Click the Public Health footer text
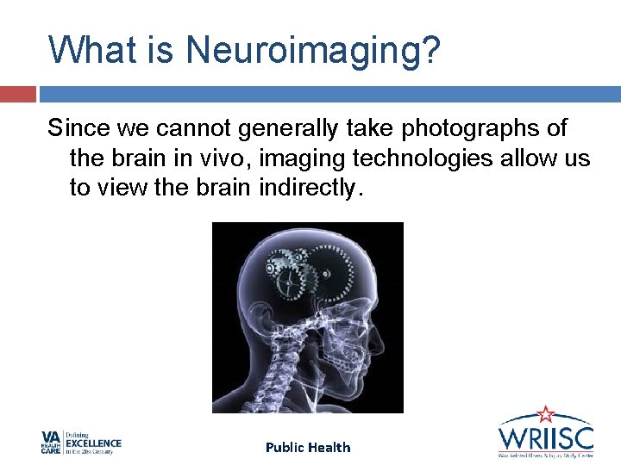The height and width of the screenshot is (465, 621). pos(308,447)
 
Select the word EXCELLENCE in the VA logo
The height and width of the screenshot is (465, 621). pos(94,444)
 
